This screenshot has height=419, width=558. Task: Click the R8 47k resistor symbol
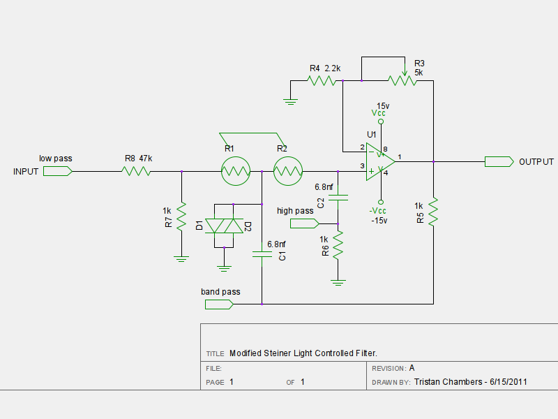tap(136, 171)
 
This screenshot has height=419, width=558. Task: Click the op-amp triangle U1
tap(380, 162)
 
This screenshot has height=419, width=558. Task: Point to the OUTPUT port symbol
tap(499, 162)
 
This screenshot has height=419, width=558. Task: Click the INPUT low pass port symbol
tap(58, 171)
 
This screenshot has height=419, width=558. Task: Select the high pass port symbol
tap(305, 223)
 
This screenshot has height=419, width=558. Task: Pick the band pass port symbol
tap(219, 304)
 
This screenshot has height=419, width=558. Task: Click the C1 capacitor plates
tap(262, 254)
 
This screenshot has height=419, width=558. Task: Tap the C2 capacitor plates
tap(338, 198)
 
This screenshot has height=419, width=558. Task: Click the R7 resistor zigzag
tap(181, 216)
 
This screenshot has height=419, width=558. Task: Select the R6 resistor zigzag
tap(338, 245)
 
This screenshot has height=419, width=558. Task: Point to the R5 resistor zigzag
tap(433, 212)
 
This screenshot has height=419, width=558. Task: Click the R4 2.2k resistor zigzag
tap(322, 81)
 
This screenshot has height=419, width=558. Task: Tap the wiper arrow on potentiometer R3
tap(405, 73)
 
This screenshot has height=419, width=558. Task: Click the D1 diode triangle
tap(215, 226)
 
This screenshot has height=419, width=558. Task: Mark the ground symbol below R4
tap(290, 102)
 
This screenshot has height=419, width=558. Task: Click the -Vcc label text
tap(377, 211)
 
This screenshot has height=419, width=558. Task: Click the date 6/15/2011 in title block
tap(508, 382)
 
